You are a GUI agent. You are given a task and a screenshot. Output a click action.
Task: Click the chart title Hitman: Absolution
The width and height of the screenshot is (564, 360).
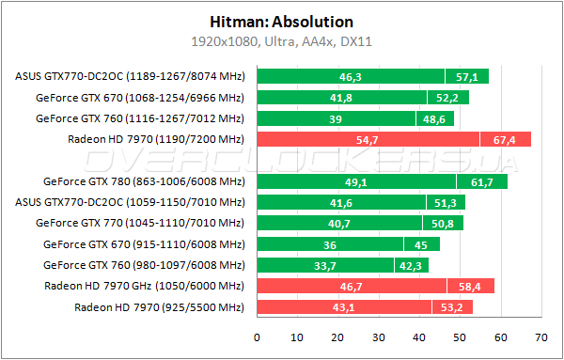[x=281, y=21]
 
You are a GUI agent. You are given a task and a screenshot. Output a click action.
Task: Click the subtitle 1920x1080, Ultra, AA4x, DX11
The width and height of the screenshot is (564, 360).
[x=281, y=41]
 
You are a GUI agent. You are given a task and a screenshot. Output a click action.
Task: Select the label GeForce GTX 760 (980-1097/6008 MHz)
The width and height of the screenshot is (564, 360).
[x=143, y=265]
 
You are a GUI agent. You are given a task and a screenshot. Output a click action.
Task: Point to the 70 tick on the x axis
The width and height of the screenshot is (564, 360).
[x=540, y=336]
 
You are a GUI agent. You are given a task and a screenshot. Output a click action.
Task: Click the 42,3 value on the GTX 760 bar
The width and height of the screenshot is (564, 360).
[x=411, y=265]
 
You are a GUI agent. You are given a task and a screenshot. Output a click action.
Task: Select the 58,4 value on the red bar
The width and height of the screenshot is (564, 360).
[x=469, y=286]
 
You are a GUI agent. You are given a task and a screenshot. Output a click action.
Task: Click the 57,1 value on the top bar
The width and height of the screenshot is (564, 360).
[x=467, y=76]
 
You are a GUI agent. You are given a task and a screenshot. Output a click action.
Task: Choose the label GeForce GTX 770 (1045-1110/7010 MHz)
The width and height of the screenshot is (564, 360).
[x=139, y=223]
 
